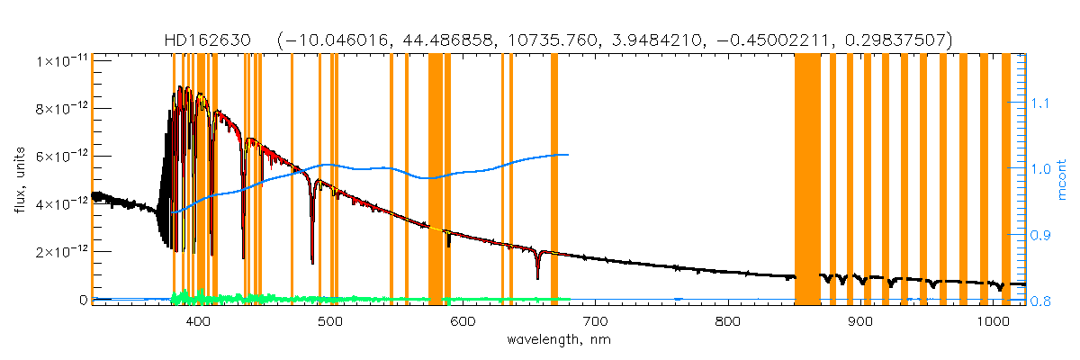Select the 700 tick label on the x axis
(x=595, y=322)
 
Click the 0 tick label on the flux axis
(x=82, y=300)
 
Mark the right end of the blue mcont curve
(x=567, y=155)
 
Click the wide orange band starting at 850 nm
(x=807, y=180)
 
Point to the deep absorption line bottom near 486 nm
(x=312, y=261)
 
